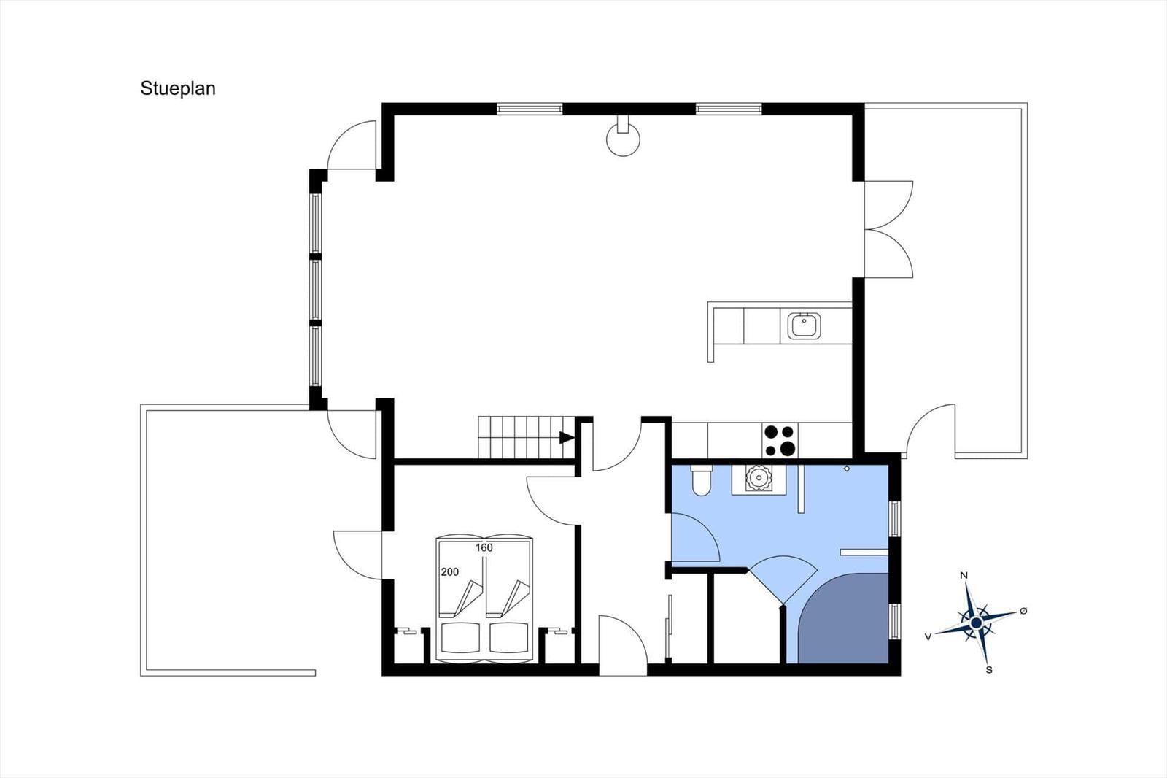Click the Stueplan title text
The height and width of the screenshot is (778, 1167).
click(x=178, y=88)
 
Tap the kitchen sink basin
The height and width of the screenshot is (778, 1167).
click(x=804, y=326)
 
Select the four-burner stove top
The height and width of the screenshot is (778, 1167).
click(x=780, y=441)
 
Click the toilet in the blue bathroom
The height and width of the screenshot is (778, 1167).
click(x=701, y=479)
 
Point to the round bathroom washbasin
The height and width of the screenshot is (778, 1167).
click(x=758, y=477)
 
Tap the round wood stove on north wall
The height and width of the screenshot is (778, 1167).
click(x=623, y=138)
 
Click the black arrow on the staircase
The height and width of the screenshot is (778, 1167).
click(x=567, y=437)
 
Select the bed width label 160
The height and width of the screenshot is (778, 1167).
click(x=484, y=548)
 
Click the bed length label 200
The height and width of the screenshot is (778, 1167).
click(x=449, y=572)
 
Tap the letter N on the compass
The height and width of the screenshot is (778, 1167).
click(x=964, y=576)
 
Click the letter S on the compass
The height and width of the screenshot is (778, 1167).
click(x=989, y=670)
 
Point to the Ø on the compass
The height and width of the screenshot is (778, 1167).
click(x=1023, y=611)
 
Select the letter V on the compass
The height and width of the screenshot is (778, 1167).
click(x=928, y=636)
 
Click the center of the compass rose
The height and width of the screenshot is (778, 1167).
click(x=977, y=623)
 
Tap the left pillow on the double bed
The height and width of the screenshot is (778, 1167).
click(x=460, y=637)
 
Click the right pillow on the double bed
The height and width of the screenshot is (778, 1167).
click(x=509, y=637)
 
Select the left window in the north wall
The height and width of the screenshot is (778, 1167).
click(x=530, y=109)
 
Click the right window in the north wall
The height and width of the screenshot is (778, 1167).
click(x=729, y=109)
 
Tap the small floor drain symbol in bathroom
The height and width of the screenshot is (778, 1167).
click(x=847, y=469)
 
